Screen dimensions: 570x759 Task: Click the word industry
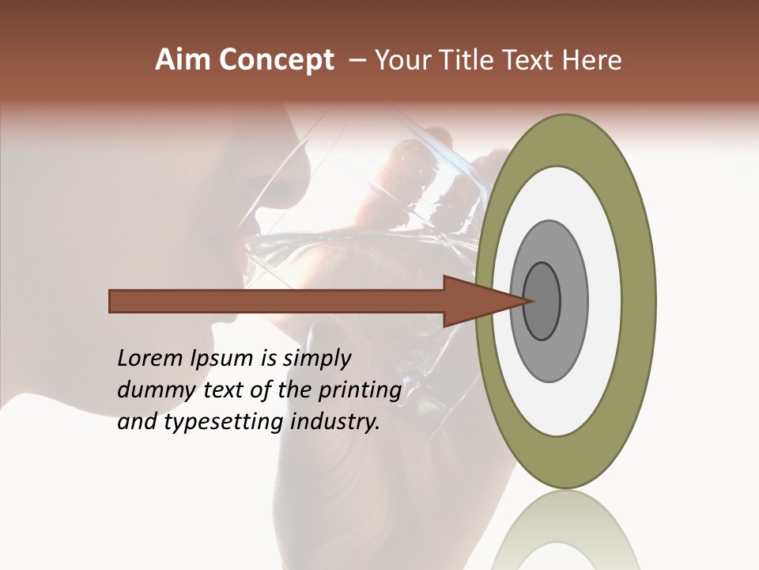[x=335, y=422]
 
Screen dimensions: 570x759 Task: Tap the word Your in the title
[x=402, y=60]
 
